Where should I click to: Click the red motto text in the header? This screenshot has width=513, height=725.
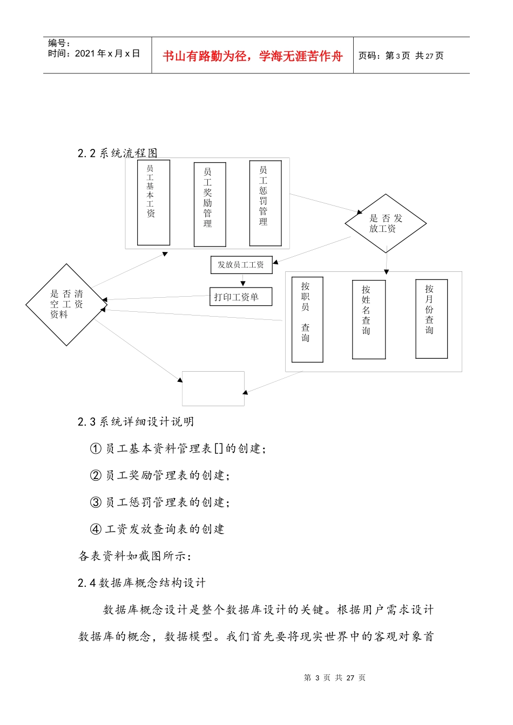(252, 56)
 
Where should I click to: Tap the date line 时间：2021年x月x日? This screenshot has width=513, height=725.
(94, 53)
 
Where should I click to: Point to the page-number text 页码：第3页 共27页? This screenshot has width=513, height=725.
(401, 56)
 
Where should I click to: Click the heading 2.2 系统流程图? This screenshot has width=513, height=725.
(118, 153)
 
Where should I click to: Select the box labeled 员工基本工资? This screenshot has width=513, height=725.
(153, 202)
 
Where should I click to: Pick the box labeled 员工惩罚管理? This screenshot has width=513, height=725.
(265, 203)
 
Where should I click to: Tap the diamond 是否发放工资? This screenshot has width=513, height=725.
(386, 223)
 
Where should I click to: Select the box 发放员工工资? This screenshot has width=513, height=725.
(241, 265)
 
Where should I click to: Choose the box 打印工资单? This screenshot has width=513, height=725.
(241, 297)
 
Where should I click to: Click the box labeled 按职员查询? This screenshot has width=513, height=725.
(307, 319)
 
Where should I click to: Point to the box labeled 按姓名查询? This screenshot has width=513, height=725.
(368, 319)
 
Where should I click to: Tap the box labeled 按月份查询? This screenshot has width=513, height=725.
(431, 318)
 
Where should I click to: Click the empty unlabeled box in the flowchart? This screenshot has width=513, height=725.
(213, 388)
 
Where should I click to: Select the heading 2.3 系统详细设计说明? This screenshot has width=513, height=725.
(136, 422)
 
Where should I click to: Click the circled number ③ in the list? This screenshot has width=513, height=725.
(96, 502)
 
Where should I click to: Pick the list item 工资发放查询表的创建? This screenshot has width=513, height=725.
(164, 529)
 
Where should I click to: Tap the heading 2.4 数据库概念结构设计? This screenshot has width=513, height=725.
(141, 583)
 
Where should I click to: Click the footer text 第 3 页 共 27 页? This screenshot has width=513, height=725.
(334, 678)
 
